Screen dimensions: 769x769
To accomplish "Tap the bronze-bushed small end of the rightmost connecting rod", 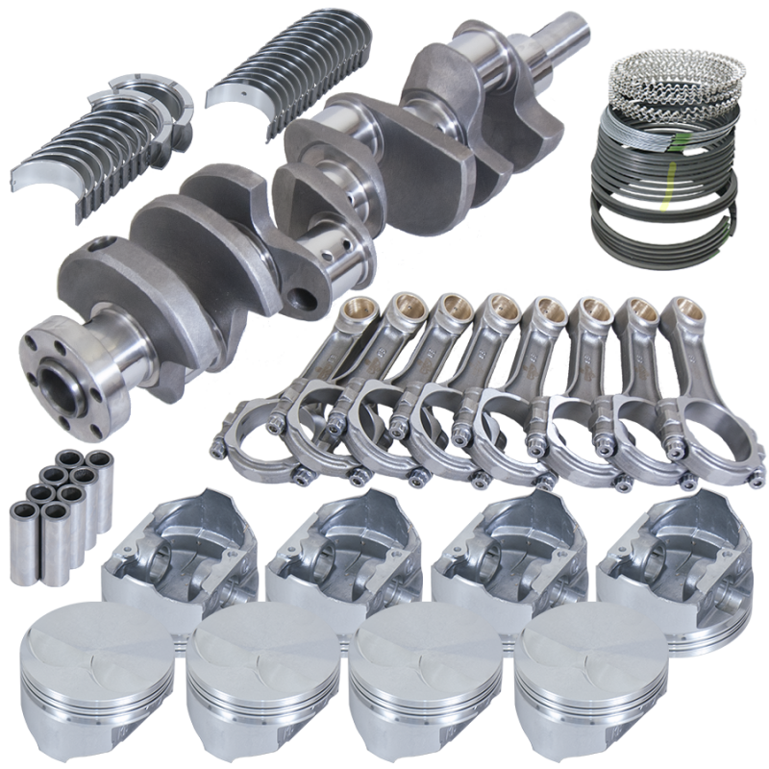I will click(x=682, y=312).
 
